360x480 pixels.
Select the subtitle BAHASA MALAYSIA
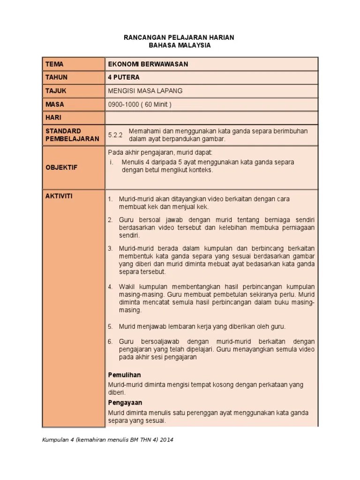(180, 45)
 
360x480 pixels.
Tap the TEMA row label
(54, 64)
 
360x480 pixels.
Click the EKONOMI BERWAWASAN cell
(148, 64)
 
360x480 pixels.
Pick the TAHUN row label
(56, 77)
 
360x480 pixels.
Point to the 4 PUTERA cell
(124, 77)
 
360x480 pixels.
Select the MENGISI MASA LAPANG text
(145, 90)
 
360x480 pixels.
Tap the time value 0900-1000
(123, 105)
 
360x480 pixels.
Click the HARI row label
(53, 118)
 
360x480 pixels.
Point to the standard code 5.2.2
(115, 135)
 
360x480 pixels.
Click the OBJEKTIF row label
(61, 167)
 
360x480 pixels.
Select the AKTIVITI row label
(59, 196)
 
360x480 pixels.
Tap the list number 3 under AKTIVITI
(110, 248)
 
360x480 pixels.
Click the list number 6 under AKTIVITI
(110, 342)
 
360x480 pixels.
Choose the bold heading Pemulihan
(124, 375)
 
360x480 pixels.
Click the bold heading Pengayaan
(125, 403)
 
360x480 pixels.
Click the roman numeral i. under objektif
(112, 162)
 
